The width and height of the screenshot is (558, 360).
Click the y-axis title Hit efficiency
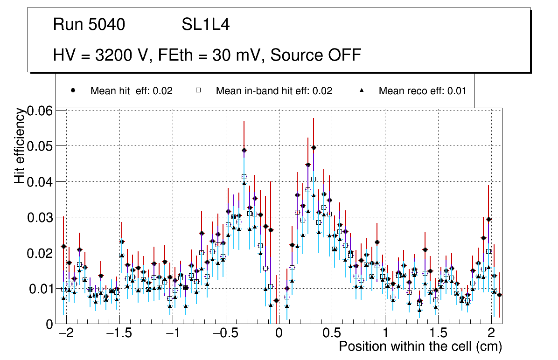point(20,146)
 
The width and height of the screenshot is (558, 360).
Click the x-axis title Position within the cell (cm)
point(420,346)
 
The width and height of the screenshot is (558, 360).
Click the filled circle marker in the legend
point(73,90)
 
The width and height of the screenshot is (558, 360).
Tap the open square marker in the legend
point(198,90)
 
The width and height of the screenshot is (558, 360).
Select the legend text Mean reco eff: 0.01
point(422,91)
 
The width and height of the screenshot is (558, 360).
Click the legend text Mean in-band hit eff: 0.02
point(274,91)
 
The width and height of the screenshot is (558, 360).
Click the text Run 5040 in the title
point(89,25)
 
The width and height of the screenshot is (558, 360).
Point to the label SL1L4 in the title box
point(206,25)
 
